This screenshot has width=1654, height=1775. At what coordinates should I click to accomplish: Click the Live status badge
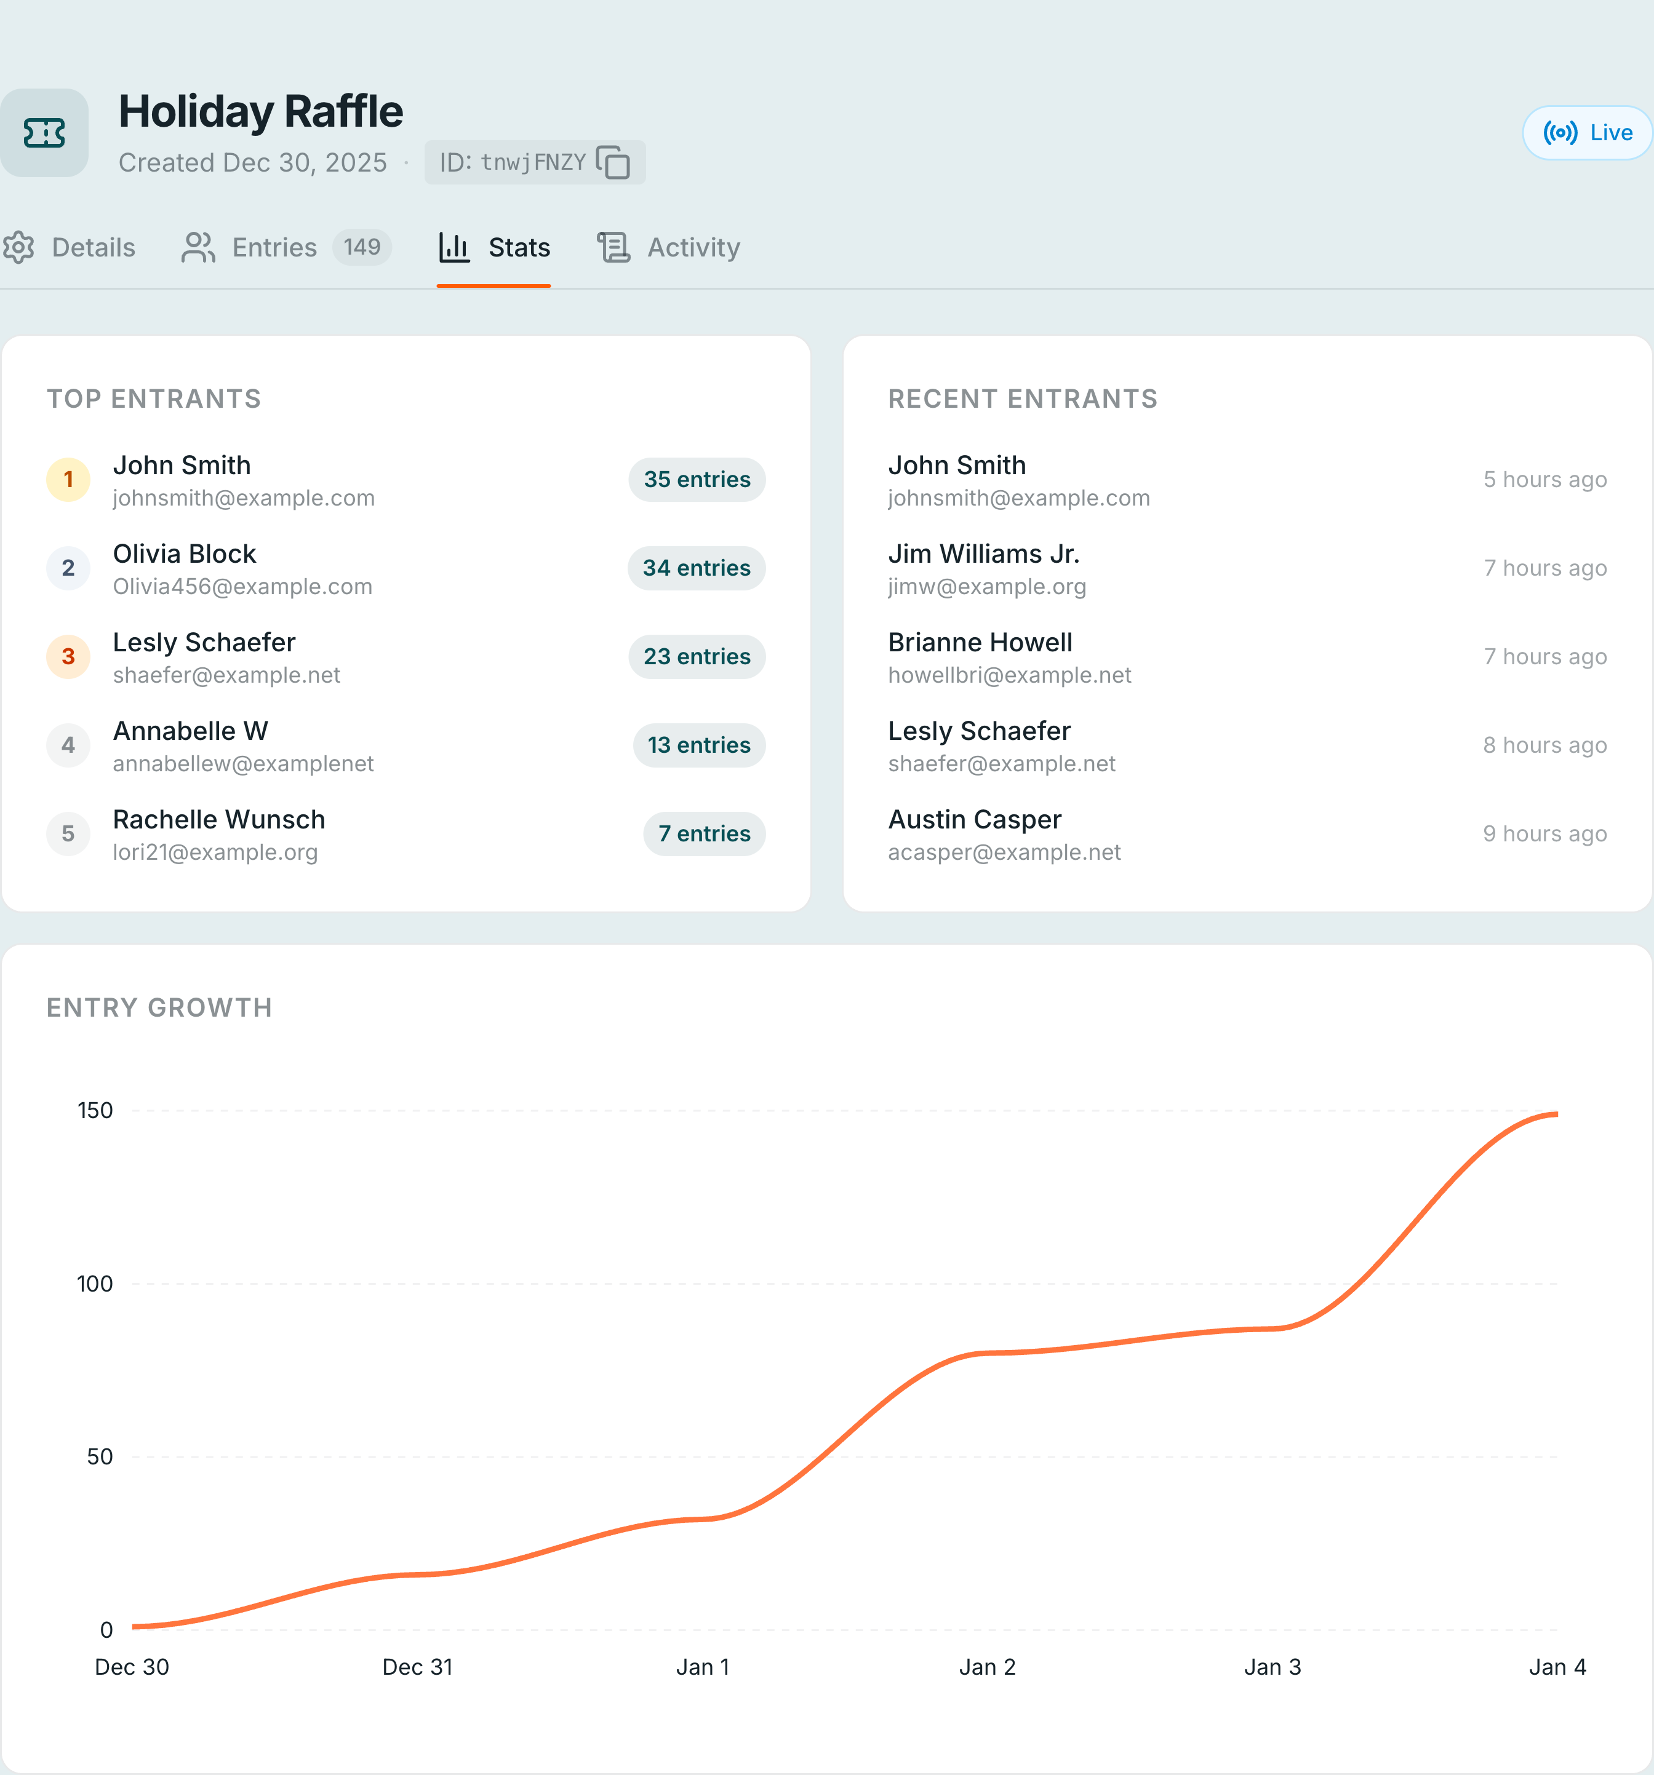point(1587,133)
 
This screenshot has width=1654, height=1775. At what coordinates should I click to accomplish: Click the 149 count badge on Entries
point(362,247)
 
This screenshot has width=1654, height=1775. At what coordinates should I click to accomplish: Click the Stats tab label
point(518,247)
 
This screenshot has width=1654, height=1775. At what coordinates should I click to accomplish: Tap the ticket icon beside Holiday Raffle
point(44,133)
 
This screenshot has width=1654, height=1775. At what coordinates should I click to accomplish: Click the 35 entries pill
point(697,480)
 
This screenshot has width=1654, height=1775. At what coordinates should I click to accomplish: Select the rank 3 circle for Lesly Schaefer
point(68,656)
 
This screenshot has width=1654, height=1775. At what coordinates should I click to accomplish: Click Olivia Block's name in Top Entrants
point(184,554)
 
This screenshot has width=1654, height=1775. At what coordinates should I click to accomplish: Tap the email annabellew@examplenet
point(243,763)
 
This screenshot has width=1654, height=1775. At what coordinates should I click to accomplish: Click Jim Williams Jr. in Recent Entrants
point(983,554)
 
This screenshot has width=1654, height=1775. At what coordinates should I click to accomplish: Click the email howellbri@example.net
point(1009,675)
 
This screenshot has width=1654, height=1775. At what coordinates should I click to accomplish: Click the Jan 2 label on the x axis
point(987,1667)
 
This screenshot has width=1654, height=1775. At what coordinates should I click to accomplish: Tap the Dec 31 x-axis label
point(417,1667)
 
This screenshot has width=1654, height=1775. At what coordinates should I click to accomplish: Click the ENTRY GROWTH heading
point(159,1007)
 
